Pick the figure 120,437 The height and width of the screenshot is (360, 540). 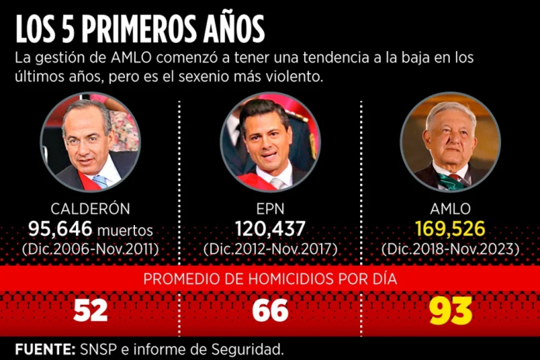(x=270, y=229)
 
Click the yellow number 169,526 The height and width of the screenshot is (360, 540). (x=450, y=229)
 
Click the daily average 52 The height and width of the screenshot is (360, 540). (x=90, y=310)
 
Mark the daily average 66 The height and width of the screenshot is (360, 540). (x=270, y=310)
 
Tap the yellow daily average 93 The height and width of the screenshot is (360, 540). (x=450, y=310)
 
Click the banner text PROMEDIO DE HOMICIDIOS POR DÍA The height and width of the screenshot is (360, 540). (x=270, y=279)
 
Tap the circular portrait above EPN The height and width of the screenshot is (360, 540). (x=270, y=142)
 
